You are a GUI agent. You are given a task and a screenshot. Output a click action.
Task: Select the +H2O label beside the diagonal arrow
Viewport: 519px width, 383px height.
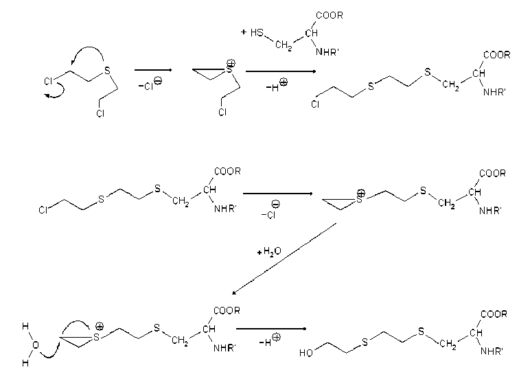[x=268, y=252]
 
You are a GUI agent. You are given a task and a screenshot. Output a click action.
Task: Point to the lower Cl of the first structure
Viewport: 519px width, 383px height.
[x=101, y=112]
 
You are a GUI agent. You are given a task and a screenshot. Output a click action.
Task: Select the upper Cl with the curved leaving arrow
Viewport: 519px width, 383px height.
[x=48, y=81]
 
